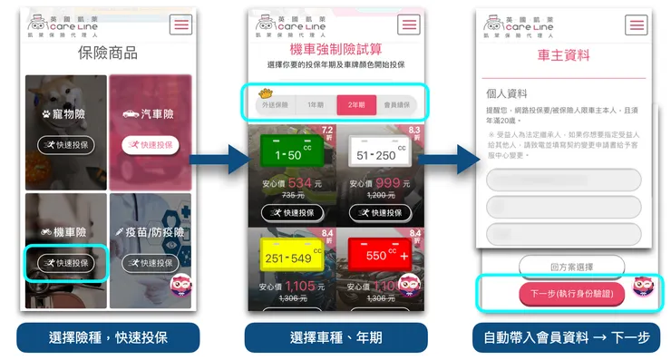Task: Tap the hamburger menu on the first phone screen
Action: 181,24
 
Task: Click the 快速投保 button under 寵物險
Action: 64,144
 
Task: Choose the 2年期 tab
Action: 356,105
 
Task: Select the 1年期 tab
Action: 315,105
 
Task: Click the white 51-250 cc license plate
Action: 374,153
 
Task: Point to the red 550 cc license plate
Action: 374,255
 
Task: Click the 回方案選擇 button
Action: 571,268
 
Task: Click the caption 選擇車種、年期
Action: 336,337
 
